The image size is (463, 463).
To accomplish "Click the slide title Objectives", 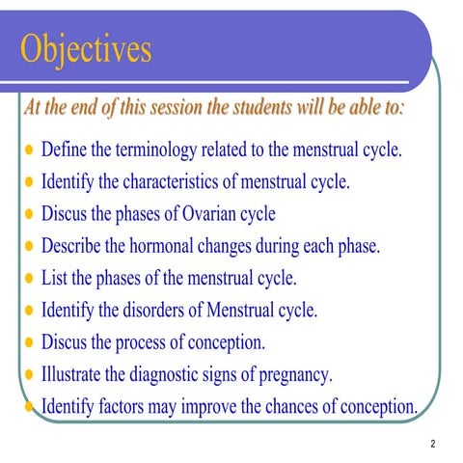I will pyautogui.click(x=86, y=48).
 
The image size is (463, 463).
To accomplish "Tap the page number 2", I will pyautogui.click(x=433, y=444).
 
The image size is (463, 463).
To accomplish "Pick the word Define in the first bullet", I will pyautogui.click(x=66, y=151).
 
